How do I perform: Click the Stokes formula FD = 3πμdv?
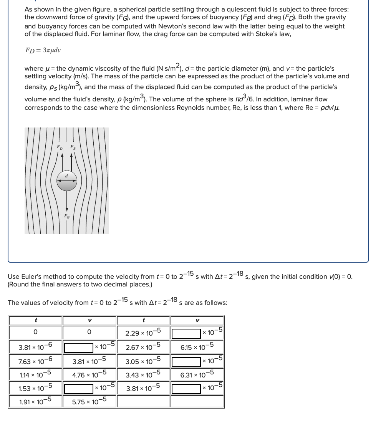pyautogui.click(x=43, y=50)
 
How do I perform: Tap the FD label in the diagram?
pyautogui.click(x=59, y=147)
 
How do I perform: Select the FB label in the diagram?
pyautogui.click(x=72, y=147)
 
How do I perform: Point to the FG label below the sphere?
pyautogui.click(x=67, y=217)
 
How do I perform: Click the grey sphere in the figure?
pyautogui.click(x=67, y=180)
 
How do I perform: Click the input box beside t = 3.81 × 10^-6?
pyautogui.click(x=79, y=348)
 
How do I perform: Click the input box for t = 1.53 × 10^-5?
pyautogui.click(x=79, y=388)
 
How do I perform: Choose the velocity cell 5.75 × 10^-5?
pyautogui.click(x=89, y=402)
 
